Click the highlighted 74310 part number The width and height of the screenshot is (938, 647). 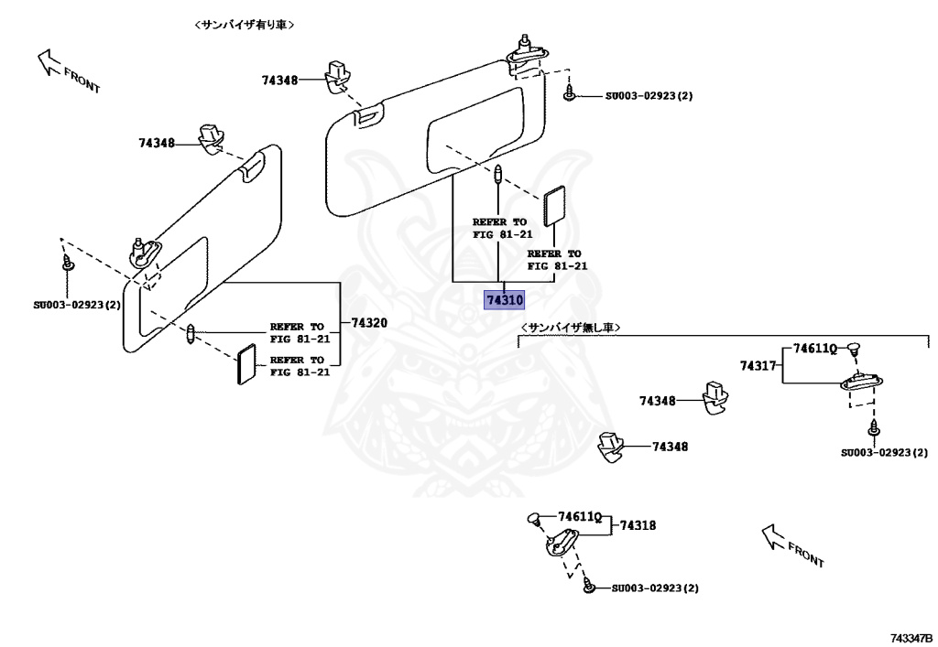[x=505, y=300]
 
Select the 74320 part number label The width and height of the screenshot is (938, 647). [x=370, y=322]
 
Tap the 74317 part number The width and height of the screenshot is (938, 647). [x=758, y=366]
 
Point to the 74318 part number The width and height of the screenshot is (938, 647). [x=638, y=525]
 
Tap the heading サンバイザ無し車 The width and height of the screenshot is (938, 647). [x=571, y=327]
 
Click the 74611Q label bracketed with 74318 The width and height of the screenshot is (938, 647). [x=578, y=517]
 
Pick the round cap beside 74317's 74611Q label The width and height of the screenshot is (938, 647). [x=853, y=347]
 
